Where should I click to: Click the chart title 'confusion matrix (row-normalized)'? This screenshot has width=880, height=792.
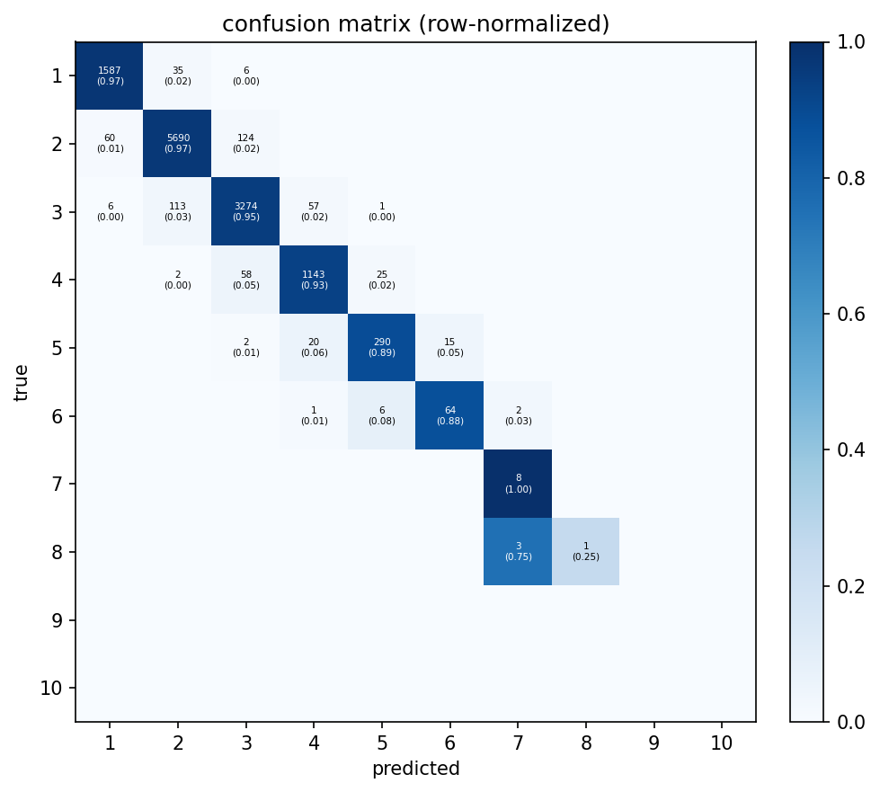[415, 24]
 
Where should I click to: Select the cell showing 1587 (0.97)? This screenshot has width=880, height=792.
[110, 76]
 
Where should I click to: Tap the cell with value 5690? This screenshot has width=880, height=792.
[177, 144]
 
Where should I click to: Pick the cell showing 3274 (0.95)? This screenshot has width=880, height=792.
[245, 211]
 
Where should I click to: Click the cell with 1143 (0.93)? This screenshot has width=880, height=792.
[314, 280]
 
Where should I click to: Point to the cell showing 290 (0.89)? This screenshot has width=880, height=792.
[381, 348]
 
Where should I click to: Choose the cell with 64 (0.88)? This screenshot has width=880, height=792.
[449, 415]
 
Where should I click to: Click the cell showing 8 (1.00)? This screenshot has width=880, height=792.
[518, 484]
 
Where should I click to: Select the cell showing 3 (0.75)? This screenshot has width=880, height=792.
[518, 551]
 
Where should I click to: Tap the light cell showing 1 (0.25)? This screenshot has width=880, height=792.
[585, 551]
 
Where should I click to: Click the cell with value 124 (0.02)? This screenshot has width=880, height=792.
[245, 144]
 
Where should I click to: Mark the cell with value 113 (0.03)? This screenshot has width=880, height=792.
[177, 211]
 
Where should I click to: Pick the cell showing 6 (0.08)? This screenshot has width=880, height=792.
[381, 415]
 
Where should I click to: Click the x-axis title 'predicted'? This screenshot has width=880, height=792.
[415, 770]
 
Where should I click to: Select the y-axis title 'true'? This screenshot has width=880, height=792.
[22, 382]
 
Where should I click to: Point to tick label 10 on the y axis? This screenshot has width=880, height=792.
[52, 689]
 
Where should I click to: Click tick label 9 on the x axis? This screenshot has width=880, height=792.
[653, 743]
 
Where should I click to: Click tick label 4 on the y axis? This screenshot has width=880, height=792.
[57, 280]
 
